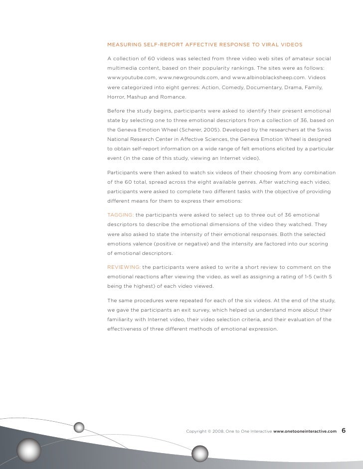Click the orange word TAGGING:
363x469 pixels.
pos(120,215)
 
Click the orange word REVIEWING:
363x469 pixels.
pos(124,267)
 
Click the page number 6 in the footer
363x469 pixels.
pos(345,430)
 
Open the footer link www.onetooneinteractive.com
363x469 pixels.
pos(305,431)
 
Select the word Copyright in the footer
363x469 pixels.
pos(197,431)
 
